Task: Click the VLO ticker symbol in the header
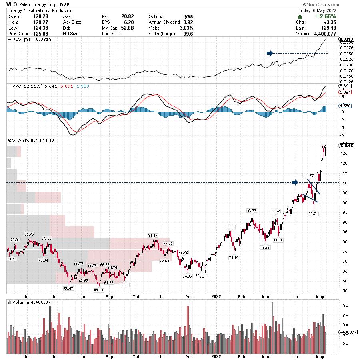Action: coord(12,4)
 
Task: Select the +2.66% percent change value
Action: coord(325,16)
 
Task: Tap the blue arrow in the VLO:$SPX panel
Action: coord(270,53)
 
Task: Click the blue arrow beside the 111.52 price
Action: coord(295,182)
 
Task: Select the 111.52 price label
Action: coord(309,176)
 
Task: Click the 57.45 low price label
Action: coord(98,290)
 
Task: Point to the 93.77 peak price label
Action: coord(252,210)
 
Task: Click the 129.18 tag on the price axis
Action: coord(346,146)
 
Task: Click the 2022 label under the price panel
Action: coord(216,296)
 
